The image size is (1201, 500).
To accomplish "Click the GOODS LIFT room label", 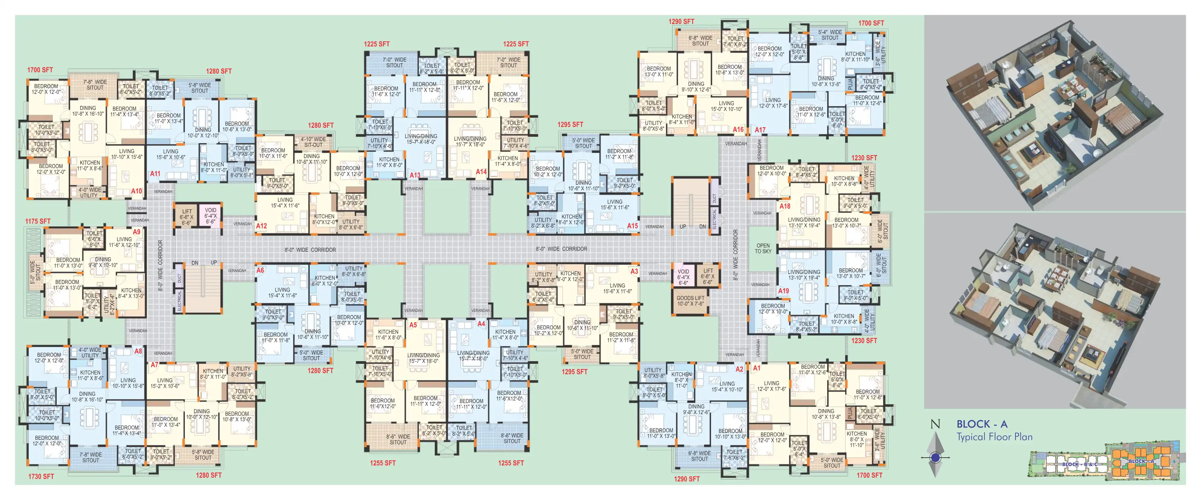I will pyautogui.click(x=691, y=301).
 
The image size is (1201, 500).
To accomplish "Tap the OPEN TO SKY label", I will pyautogui.click(x=763, y=248).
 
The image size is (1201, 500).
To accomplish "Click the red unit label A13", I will pyautogui.click(x=415, y=175).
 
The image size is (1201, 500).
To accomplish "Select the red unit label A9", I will pyautogui.click(x=136, y=232).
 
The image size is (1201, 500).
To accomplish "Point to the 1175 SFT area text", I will pyautogui.click(x=38, y=221).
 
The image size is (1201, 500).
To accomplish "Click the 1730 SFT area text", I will pyautogui.click(x=41, y=476).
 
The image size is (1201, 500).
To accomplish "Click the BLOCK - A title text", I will pyautogui.click(x=982, y=424).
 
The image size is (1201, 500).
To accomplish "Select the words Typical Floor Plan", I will pyautogui.click(x=995, y=436).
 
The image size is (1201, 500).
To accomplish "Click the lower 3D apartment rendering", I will pyautogui.click(x=1055, y=310).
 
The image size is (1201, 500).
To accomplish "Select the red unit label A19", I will pyautogui.click(x=783, y=291).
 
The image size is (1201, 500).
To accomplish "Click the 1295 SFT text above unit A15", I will pyautogui.click(x=570, y=124).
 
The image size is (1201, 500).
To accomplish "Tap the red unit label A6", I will pyautogui.click(x=260, y=270).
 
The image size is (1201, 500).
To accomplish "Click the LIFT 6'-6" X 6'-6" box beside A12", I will pyautogui.click(x=187, y=217).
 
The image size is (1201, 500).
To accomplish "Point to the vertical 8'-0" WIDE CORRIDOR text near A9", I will pyautogui.click(x=161, y=266).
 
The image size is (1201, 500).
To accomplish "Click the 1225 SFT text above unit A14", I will pyautogui.click(x=516, y=44).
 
